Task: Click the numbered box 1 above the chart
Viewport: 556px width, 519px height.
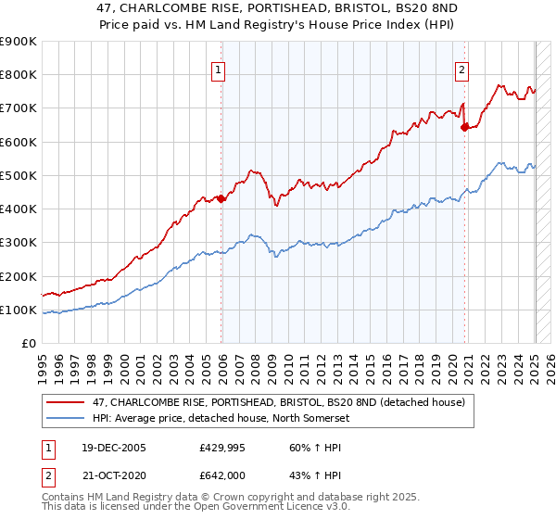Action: pos(217,68)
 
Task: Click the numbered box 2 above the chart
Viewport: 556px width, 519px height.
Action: pos(461,68)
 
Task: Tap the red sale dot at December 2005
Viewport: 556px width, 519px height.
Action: pos(221,198)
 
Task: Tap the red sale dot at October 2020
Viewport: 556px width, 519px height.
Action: pos(465,128)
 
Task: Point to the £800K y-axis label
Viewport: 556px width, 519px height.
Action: pos(19,75)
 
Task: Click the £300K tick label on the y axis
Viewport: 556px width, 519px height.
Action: pos(19,243)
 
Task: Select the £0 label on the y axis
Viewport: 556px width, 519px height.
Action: pos(30,343)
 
